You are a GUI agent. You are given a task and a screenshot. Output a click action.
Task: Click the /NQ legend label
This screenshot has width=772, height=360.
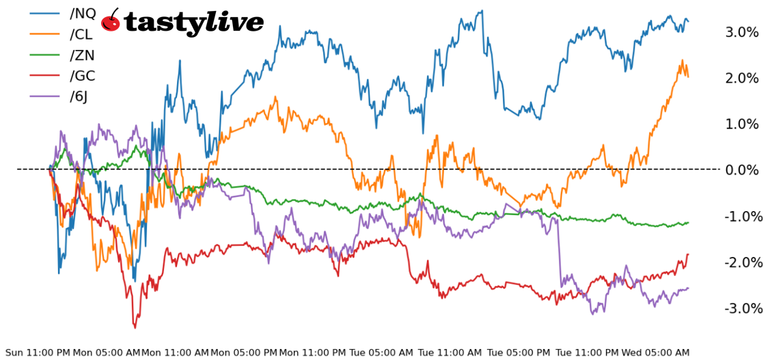[x=83, y=13]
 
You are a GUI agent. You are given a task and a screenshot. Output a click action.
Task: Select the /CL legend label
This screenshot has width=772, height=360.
[x=82, y=34]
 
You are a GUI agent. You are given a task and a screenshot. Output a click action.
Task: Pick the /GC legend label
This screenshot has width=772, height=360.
[x=83, y=76]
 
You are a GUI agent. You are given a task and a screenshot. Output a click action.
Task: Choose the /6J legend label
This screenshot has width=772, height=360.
[x=79, y=96]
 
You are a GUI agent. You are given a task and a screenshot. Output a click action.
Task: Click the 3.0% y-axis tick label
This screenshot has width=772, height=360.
[x=742, y=32]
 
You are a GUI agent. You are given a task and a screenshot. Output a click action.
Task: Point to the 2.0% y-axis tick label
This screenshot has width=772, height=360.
[x=742, y=78]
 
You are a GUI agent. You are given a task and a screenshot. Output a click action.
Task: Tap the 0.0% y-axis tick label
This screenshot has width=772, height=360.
[x=742, y=169]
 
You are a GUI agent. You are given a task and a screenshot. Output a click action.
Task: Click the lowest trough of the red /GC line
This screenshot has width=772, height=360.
[x=135, y=327]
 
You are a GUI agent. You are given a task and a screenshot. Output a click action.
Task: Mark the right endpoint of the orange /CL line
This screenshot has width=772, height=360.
[x=688, y=76]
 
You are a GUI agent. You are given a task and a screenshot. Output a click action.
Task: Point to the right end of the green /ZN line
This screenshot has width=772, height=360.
[x=688, y=222]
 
